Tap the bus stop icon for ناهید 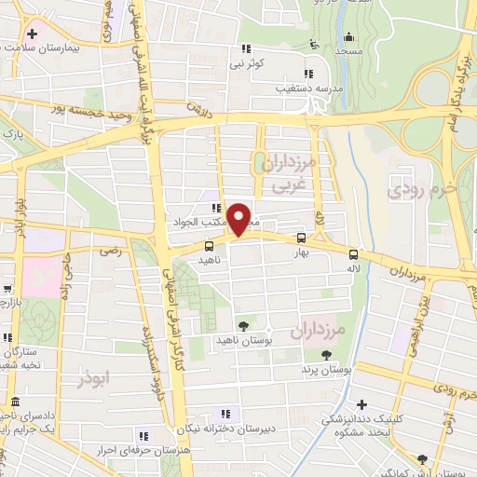(208, 247)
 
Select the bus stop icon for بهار (300, 238)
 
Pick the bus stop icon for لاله (352, 254)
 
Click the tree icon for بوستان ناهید (243, 325)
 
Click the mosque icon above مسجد (349, 37)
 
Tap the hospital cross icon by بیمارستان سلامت (31, 34)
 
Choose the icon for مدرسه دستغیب (307, 73)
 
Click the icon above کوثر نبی (246, 48)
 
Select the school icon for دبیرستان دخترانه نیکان (225, 414)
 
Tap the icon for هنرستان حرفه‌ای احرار (142, 436)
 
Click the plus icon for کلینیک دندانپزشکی (363, 404)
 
